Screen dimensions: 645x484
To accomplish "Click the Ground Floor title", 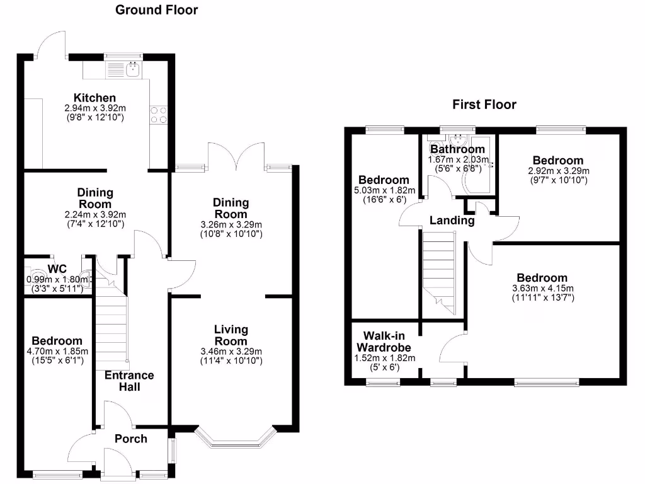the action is (x=156, y=10).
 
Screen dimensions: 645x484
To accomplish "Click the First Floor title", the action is (x=484, y=105).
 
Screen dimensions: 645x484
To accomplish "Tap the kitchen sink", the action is (x=134, y=70).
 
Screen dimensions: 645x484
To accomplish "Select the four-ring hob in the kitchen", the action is (x=158, y=115).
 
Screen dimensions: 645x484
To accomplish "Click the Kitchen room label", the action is (x=94, y=98).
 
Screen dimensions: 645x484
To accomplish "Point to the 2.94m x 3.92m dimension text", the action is (x=95, y=108).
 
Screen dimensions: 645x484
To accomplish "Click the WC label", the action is (x=57, y=269).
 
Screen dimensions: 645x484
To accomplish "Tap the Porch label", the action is (x=131, y=439).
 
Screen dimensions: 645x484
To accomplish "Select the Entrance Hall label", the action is (x=129, y=381).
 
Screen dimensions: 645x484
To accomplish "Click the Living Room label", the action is (x=231, y=335).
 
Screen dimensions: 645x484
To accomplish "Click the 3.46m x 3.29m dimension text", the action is (x=231, y=352).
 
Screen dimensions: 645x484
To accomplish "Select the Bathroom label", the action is (x=457, y=149).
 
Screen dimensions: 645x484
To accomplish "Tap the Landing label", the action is (x=452, y=221).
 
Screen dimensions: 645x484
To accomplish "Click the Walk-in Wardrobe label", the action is (x=384, y=342).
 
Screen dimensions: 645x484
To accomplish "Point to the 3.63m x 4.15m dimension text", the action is (x=542, y=289).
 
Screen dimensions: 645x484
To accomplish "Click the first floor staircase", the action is (x=439, y=272).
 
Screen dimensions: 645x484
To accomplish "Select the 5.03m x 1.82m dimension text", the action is (x=385, y=190).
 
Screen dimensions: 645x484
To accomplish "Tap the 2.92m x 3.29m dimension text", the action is (x=559, y=171).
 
